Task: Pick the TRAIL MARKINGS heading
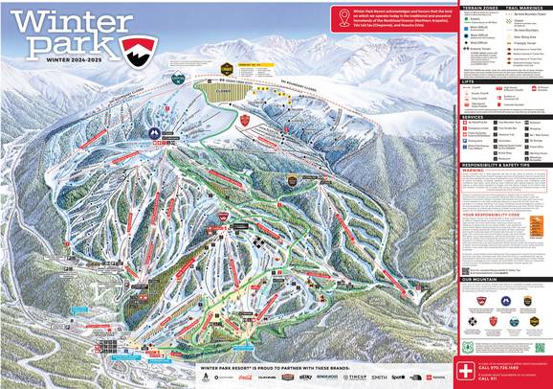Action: click(x=520, y=6)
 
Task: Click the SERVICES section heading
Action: click(x=474, y=117)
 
